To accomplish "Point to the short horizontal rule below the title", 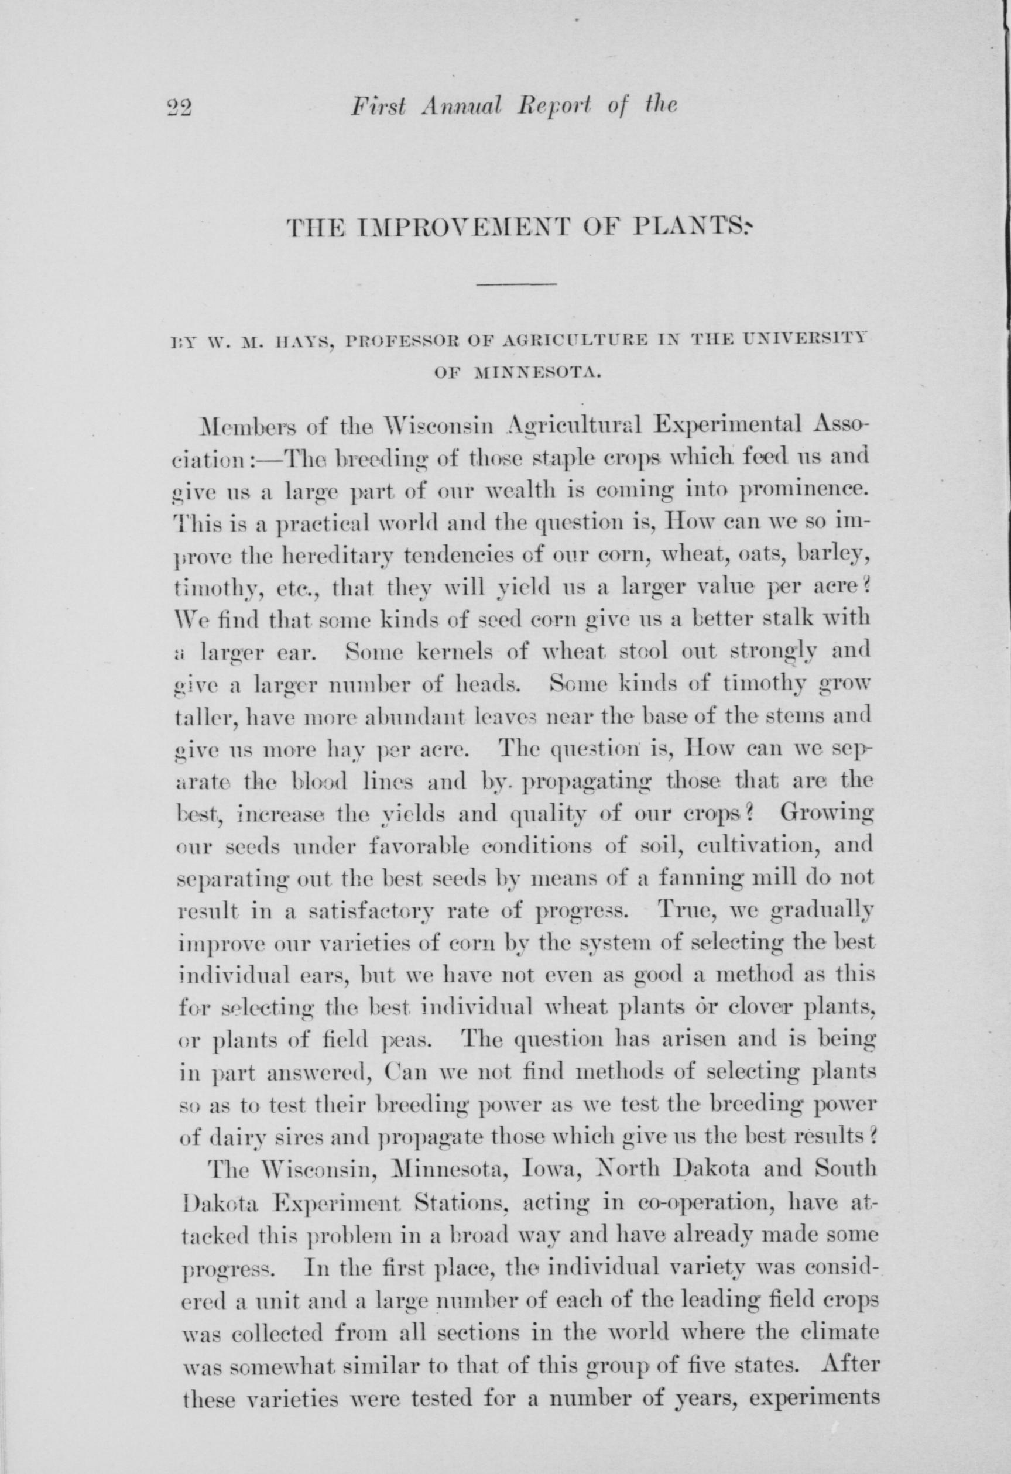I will (x=517, y=284).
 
